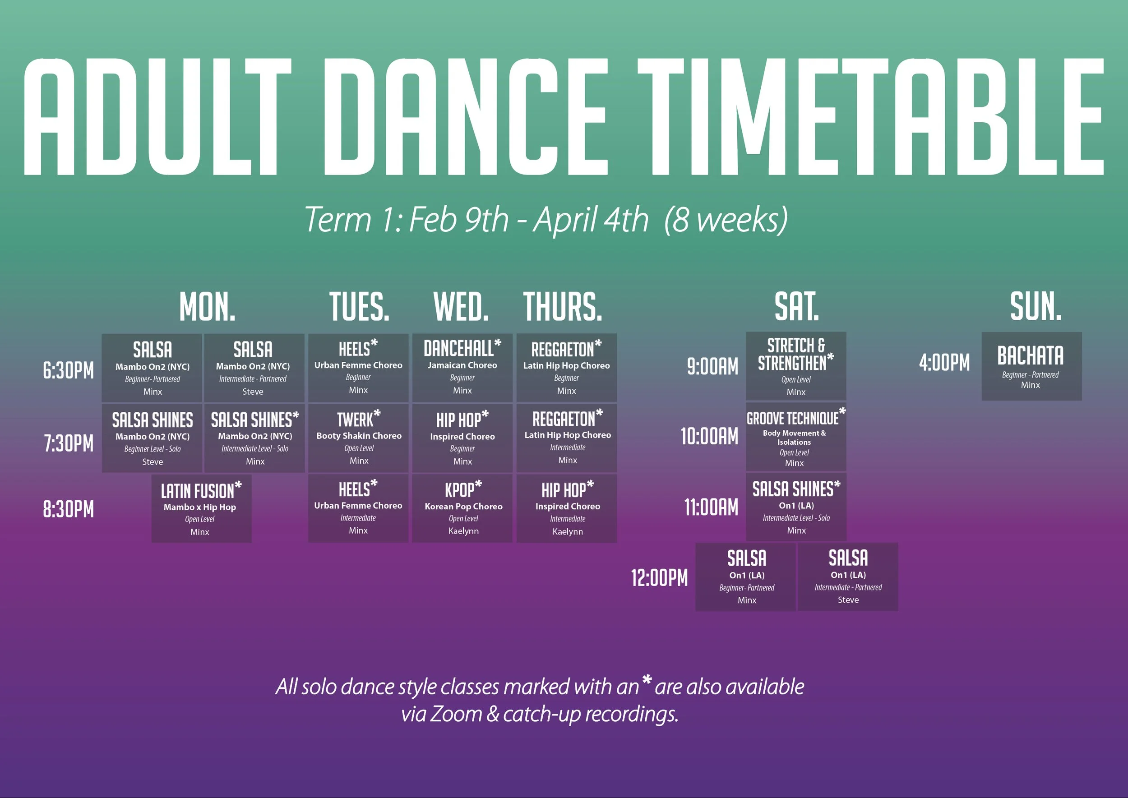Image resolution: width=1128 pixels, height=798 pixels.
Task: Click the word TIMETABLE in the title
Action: (870, 117)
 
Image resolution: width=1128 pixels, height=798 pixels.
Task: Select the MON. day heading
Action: (208, 307)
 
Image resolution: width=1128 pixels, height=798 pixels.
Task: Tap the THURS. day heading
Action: (563, 307)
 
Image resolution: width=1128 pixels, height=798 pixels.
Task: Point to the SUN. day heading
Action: (1036, 306)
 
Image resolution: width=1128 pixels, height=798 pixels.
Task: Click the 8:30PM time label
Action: (68, 509)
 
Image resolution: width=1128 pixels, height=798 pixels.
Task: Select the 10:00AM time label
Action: (709, 436)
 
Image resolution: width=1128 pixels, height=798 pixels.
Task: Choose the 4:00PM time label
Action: (944, 363)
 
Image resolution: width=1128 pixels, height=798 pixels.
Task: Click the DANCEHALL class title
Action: (458, 348)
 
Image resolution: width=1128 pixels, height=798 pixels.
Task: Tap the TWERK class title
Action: (356, 420)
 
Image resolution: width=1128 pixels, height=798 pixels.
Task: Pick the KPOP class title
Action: (460, 490)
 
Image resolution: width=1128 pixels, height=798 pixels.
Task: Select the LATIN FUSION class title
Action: (198, 491)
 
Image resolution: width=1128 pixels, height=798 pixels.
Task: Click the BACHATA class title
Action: (1030, 355)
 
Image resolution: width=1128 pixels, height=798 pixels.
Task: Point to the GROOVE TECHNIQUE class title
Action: (793, 418)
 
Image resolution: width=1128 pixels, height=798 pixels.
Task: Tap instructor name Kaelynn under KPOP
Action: (463, 530)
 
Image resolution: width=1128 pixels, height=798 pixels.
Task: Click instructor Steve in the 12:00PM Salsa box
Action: (848, 600)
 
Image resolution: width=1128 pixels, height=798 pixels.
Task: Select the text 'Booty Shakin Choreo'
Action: (359, 436)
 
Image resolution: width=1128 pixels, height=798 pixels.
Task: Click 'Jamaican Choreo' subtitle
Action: (462, 365)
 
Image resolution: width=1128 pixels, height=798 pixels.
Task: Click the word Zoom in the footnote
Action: (456, 714)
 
